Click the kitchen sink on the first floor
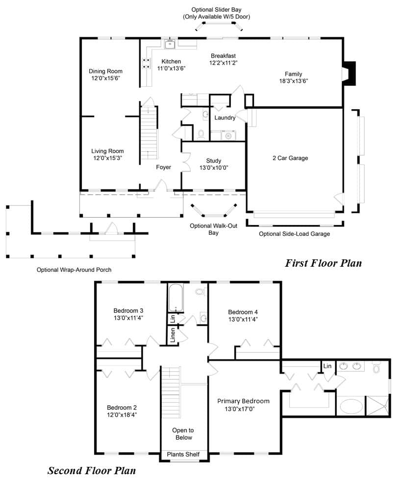click(x=170, y=45)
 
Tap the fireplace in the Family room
click(x=349, y=73)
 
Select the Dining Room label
click(x=105, y=71)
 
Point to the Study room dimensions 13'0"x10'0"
click(x=214, y=168)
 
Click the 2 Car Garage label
click(x=290, y=158)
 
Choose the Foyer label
click(x=163, y=167)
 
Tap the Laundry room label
click(x=225, y=117)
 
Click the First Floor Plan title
click(x=323, y=263)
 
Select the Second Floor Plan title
click(x=92, y=471)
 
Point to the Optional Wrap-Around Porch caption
click(x=74, y=270)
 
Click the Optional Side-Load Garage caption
click(x=294, y=234)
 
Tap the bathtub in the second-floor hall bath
click(x=176, y=298)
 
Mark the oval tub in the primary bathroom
click(x=352, y=407)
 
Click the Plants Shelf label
click(x=183, y=454)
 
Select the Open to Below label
click(x=183, y=434)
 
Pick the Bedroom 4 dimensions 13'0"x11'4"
click(x=243, y=320)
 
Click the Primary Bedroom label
click(x=243, y=401)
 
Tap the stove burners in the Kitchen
click(x=146, y=63)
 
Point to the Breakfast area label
click(x=223, y=56)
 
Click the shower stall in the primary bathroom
click(x=378, y=406)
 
